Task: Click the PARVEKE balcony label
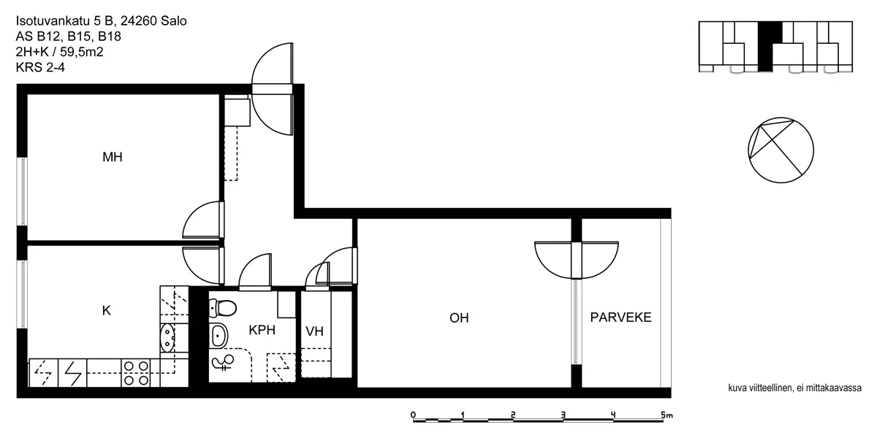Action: tap(620, 317)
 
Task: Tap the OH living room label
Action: tap(459, 318)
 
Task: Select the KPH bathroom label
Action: tap(262, 330)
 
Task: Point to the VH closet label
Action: tap(314, 331)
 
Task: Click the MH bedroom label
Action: tap(113, 157)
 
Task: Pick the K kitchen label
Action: tap(106, 310)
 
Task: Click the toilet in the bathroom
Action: tap(223, 307)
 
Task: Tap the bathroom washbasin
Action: tap(219, 336)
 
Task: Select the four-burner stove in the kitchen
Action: tap(136, 373)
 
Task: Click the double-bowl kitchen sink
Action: tap(167, 338)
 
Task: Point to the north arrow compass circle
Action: tap(781, 150)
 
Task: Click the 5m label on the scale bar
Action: tap(667, 415)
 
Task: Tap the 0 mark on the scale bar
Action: tap(413, 415)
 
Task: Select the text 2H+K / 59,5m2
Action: tap(59, 52)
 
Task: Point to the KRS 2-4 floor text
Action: tap(40, 68)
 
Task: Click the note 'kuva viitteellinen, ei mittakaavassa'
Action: tap(795, 388)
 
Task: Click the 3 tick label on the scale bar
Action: tap(563, 415)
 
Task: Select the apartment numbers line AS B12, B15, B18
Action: tap(69, 36)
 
